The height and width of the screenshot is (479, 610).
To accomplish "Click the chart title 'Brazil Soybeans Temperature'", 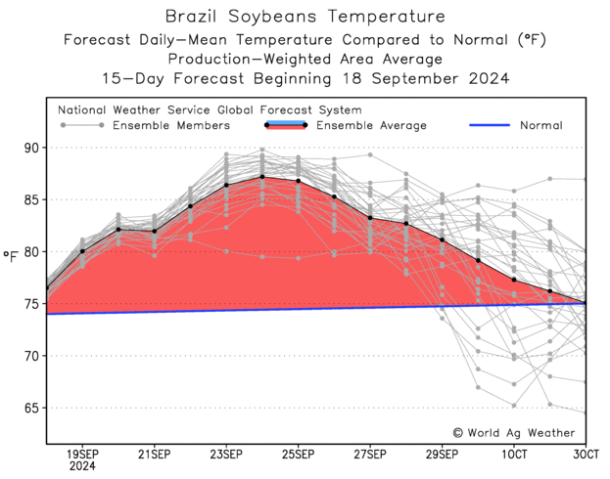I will [305, 17].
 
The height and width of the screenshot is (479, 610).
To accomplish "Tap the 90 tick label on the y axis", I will [29, 148].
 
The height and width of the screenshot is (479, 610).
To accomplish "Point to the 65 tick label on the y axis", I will [29, 408].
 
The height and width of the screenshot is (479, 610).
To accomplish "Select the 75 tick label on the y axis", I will [29, 304].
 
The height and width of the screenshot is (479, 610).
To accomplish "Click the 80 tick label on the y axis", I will [29, 251].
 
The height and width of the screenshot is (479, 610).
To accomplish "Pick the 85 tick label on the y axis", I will [29, 199].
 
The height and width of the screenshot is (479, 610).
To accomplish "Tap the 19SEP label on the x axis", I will [82, 454].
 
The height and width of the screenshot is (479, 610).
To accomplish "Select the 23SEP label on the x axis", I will [226, 454].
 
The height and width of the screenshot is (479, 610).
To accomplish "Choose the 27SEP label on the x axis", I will [370, 454].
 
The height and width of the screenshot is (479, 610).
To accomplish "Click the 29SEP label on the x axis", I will [442, 454].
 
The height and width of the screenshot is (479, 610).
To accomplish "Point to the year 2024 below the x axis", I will [82, 466].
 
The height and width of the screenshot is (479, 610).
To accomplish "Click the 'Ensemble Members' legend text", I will [171, 125].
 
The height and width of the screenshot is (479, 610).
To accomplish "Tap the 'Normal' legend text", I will [540, 125].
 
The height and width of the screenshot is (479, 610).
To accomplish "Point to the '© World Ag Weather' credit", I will [515, 431].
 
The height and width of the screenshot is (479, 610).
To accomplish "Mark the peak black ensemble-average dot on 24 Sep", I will [262, 177].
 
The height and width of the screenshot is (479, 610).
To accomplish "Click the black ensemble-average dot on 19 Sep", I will [82, 251].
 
